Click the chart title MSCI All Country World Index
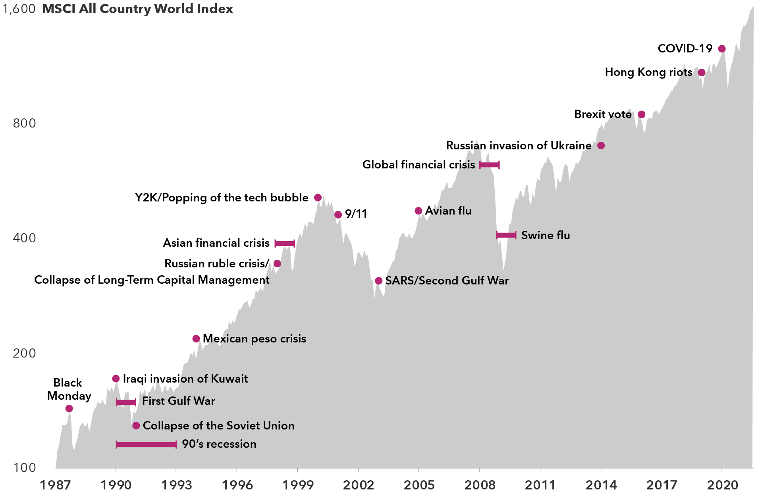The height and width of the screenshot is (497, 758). [x=137, y=9]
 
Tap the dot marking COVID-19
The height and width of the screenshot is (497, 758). [x=722, y=49]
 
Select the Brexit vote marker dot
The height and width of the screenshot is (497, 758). [x=642, y=114]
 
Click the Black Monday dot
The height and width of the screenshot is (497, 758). [x=69, y=408]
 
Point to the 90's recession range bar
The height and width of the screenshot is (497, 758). [x=146, y=444]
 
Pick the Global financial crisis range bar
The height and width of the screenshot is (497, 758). [x=489, y=165]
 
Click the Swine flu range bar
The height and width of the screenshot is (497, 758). [x=506, y=235]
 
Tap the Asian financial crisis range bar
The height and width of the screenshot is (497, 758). [x=285, y=244]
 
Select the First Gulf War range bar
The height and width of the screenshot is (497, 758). [x=126, y=402]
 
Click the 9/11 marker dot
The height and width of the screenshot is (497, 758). [x=338, y=215]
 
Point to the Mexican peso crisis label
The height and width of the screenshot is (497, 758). [x=254, y=339]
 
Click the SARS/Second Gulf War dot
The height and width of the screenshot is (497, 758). [x=379, y=281]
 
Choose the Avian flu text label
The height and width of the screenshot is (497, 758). [x=448, y=211]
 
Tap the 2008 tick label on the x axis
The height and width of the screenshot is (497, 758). [x=480, y=485]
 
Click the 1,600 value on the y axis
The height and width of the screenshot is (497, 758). [x=19, y=9]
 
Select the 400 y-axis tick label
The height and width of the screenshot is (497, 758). [x=24, y=238]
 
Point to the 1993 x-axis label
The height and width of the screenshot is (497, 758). [x=176, y=485]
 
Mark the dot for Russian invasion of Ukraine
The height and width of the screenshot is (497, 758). [x=601, y=146]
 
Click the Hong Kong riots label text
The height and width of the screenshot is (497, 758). [x=648, y=72]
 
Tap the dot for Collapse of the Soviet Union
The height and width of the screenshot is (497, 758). [x=136, y=426]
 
